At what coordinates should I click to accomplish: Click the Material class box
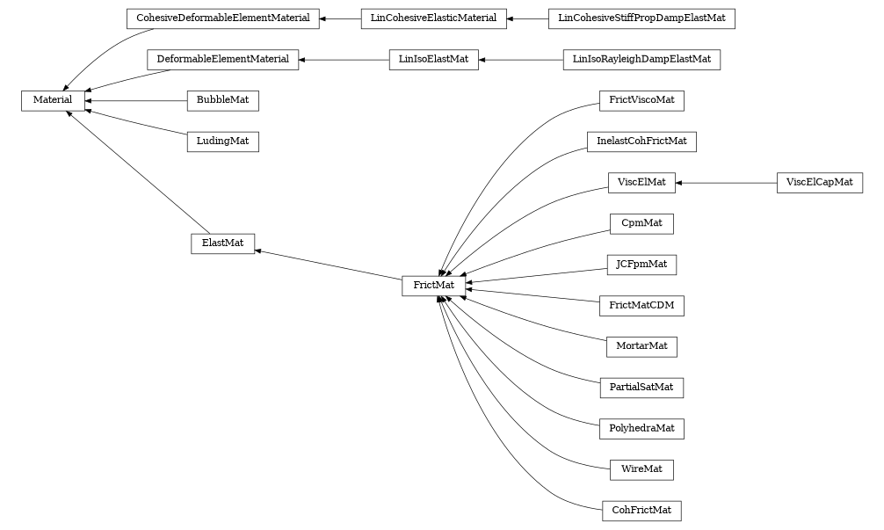(x=53, y=101)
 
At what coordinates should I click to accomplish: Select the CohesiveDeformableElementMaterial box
(x=222, y=18)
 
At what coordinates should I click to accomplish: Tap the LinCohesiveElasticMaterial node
(x=433, y=18)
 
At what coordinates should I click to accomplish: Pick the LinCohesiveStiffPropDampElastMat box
(x=641, y=18)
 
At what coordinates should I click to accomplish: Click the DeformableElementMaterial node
(x=222, y=60)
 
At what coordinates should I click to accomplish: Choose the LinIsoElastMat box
(x=433, y=60)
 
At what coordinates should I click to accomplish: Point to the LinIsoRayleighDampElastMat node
(x=641, y=60)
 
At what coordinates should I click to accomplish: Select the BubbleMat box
(x=222, y=101)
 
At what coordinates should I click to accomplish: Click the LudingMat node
(x=222, y=142)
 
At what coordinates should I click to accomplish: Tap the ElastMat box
(x=222, y=243)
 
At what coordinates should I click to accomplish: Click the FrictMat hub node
(x=433, y=286)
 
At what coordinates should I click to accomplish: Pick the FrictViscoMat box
(x=641, y=101)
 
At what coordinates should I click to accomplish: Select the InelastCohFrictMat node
(x=641, y=142)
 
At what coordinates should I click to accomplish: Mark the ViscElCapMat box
(x=819, y=183)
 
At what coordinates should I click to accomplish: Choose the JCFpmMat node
(x=641, y=265)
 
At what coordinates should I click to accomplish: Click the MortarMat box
(x=641, y=346)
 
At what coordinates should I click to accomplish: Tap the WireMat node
(x=641, y=469)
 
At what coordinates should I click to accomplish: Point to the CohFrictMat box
(x=641, y=511)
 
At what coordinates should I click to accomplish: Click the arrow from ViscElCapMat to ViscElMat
(x=726, y=183)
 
